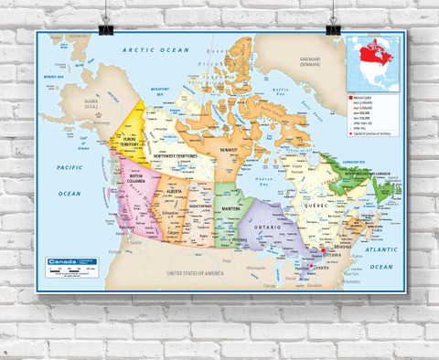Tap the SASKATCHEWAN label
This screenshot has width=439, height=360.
click(202, 205)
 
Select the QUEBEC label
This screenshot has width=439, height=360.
click(318, 206)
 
